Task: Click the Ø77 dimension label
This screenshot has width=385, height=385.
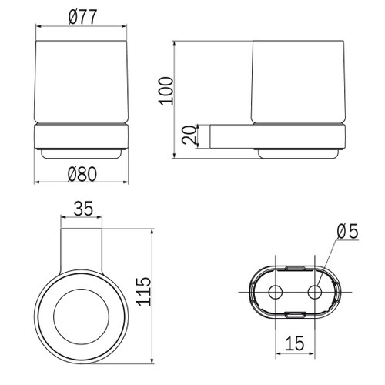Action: (83, 17)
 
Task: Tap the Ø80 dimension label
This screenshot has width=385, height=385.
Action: (82, 174)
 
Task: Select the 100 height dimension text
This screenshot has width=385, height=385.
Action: (166, 91)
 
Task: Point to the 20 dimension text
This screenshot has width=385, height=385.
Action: (189, 135)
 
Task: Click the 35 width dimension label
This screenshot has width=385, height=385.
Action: (83, 209)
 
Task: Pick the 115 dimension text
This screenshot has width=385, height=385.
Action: (143, 292)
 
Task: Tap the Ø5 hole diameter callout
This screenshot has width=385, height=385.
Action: (348, 231)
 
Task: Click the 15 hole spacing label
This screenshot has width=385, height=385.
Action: (295, 343)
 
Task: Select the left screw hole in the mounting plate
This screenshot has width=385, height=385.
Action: (276, 293)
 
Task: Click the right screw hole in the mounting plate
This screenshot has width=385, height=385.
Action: (315, 293)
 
